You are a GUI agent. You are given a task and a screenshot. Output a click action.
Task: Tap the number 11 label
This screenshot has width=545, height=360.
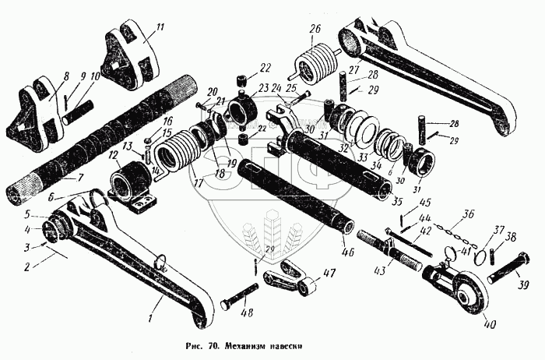coord(160,28)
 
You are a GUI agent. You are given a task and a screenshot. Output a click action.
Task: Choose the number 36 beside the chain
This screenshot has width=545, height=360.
coord(467,212)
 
